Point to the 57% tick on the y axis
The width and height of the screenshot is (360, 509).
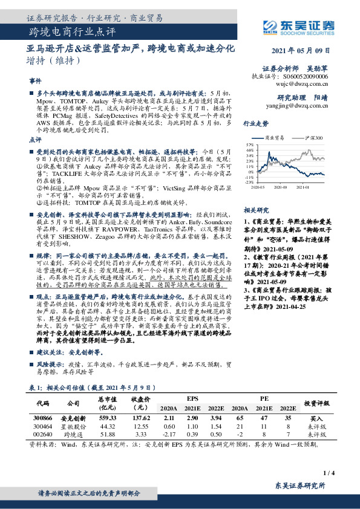click(x=249, y=146)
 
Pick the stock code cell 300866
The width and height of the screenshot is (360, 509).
click(x=42, y=418)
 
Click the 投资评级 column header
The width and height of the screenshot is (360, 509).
click(x=316, y=403)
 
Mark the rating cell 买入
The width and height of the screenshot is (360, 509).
click(x=316, y=418)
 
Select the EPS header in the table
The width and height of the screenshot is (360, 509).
click(x=192, y=398)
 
